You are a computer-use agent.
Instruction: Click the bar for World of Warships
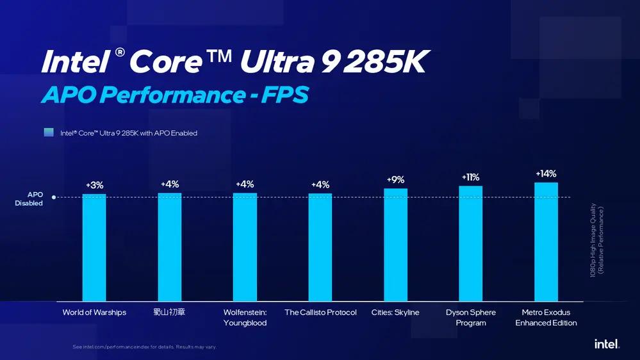[94, 247]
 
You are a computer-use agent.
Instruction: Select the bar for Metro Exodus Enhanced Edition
[546, 241]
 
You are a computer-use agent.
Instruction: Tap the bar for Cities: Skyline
[395, 245]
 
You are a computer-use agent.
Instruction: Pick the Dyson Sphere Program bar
[471, 243]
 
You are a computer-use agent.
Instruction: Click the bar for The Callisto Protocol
[320, 247]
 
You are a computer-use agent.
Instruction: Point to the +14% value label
[546, 174]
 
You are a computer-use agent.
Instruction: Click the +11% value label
[470, 177]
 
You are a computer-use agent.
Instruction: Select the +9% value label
[395, 180]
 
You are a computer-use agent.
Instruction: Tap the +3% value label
[94, 186]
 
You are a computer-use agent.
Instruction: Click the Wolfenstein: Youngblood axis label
[245, 318]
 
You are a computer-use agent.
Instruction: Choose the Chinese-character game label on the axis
[170, 313]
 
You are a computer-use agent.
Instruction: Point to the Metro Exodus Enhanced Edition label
[546, 318]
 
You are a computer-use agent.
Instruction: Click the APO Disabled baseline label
[29, 199]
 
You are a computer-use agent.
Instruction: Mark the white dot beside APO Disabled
[54, 197]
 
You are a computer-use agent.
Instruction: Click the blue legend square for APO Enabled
[49, 133]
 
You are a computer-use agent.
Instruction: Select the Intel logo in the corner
[606, 344]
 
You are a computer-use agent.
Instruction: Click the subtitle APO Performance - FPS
[175, 95]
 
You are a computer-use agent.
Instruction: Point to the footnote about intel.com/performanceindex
[144, 347]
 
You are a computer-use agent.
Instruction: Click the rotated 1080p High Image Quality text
[596, 240]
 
